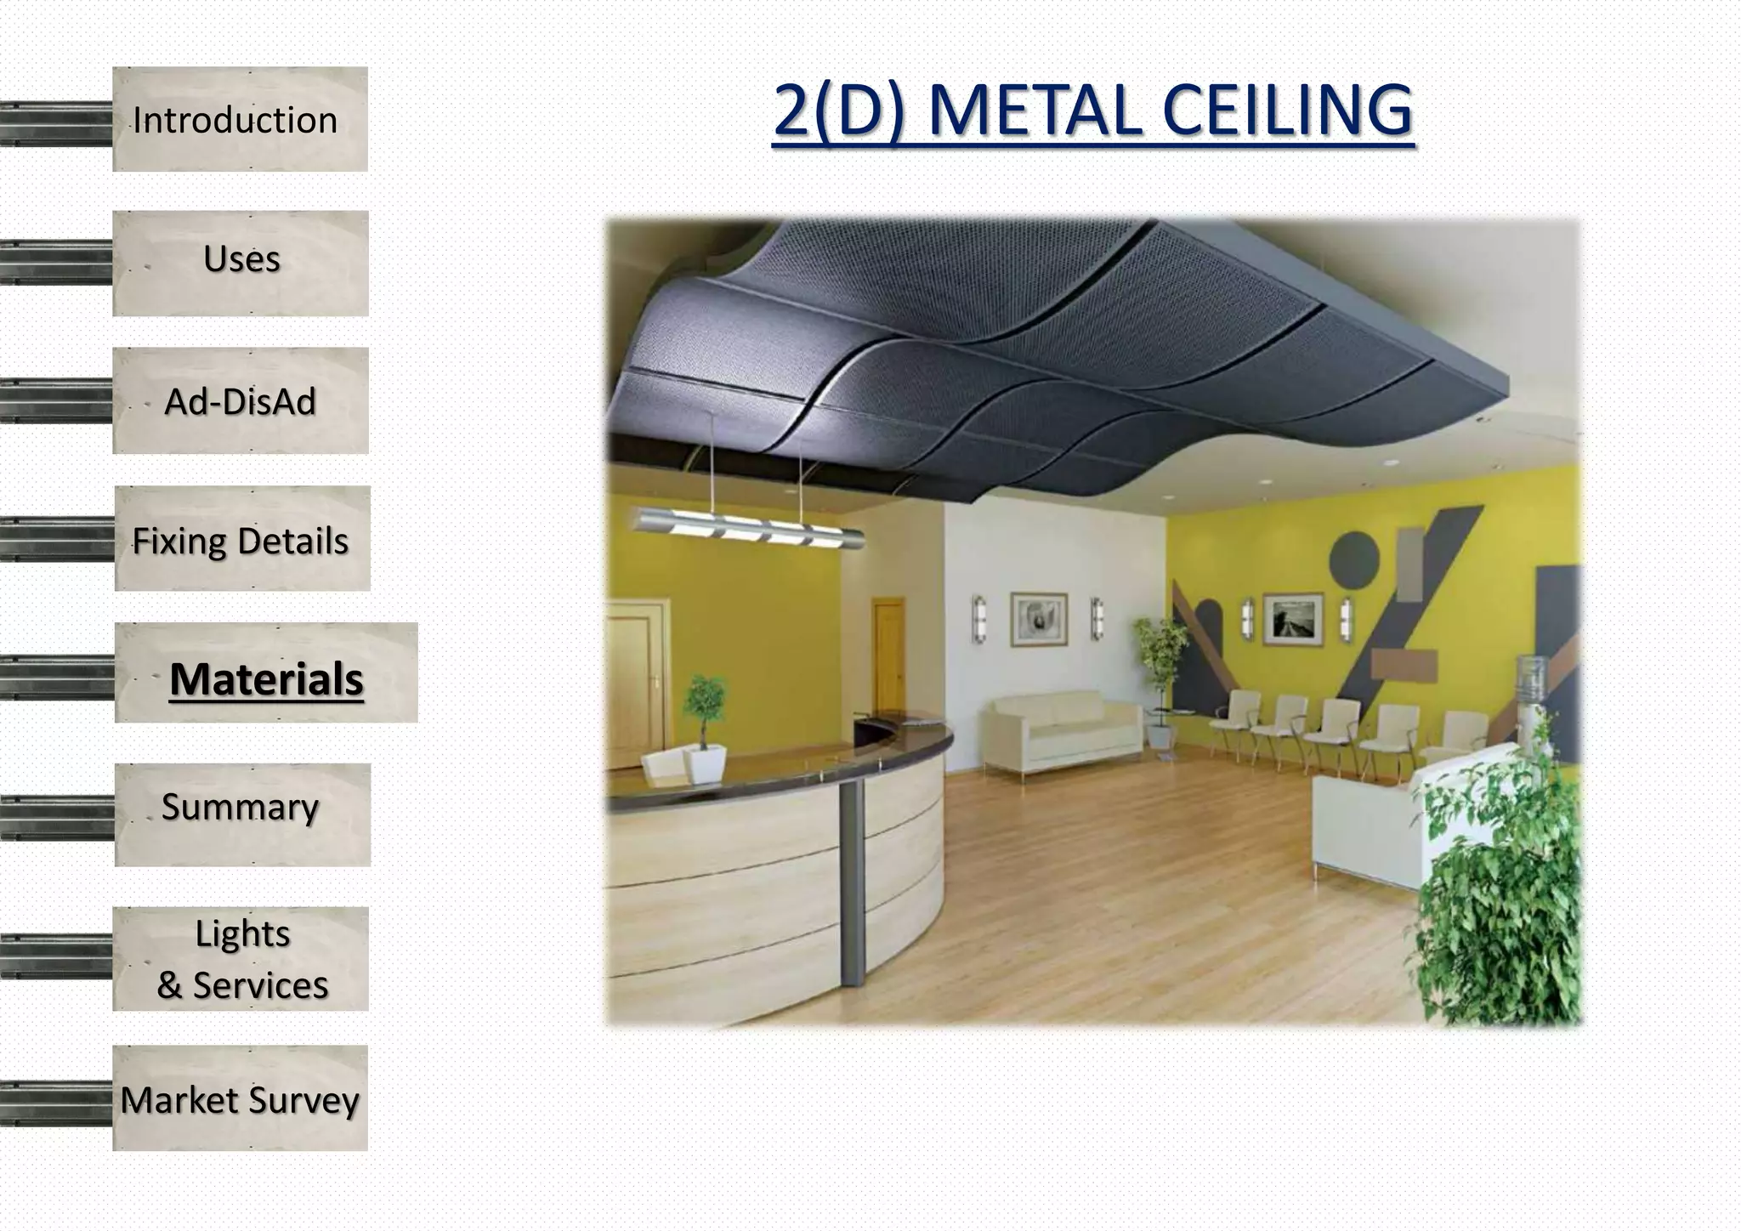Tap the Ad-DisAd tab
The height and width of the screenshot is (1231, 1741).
click(241, 401)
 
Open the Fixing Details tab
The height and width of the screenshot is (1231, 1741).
click(241, 541)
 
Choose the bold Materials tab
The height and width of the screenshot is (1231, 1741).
click(266, 678)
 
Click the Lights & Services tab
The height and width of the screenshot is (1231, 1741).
click(241, 959)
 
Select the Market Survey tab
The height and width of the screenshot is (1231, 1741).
click(240, 1099)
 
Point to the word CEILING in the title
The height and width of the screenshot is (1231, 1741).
click(1286, 111)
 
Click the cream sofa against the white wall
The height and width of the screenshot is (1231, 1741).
click(1063, 731)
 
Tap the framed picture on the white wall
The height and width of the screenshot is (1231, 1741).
click(1038, 618)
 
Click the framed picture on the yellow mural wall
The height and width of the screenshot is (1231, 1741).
click(1292, 618)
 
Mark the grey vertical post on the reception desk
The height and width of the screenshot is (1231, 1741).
click(851, 876)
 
